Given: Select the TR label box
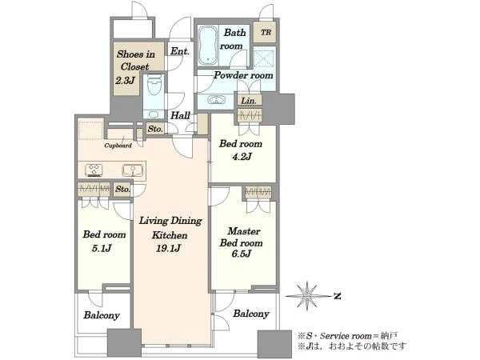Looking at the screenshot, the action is [266, 32].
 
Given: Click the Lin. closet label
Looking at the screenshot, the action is [249, 100].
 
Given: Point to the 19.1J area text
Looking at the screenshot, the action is [168, 249].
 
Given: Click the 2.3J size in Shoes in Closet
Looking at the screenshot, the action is [125, 81].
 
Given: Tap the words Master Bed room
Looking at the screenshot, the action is [242, 237].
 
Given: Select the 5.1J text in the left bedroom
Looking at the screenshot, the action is [102, 248].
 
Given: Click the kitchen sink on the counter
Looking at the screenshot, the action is [133, 170].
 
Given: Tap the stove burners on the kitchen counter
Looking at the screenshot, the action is [94, 170].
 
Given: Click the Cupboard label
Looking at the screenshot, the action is [118, 146].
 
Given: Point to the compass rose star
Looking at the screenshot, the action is [306, 296].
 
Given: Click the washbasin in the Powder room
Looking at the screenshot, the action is [217, 100].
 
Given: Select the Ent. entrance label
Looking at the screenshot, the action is [180, 51].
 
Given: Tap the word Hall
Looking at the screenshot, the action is [180, 115].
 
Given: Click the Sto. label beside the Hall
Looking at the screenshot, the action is [155, 129].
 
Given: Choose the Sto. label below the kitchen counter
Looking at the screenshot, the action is [122, 189].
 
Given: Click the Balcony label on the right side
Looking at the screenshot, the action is [251, 314].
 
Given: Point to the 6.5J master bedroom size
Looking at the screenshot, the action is [242, 254].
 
